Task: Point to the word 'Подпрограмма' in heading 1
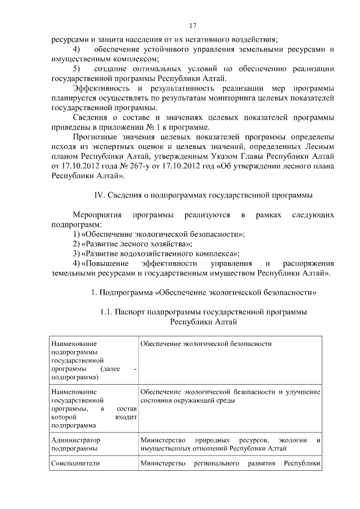coord(125,292)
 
